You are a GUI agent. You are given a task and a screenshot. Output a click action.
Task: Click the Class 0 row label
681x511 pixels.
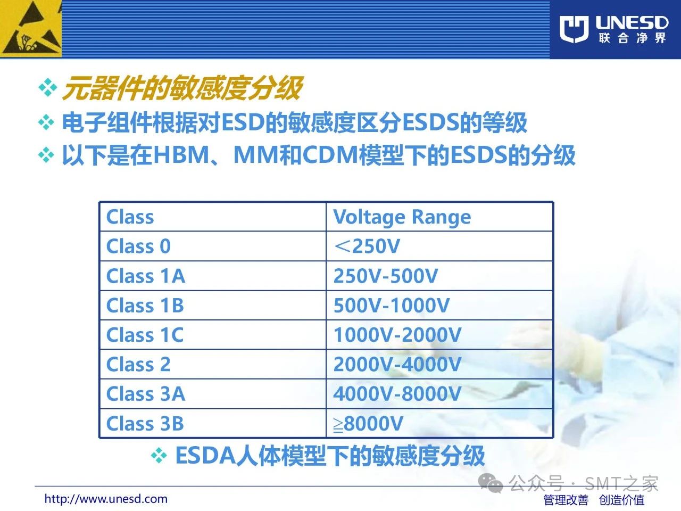[138, 246]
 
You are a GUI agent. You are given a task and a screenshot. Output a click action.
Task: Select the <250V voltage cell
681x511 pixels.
[367, 246]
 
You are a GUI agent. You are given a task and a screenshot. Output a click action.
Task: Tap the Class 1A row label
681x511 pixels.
[145, 276]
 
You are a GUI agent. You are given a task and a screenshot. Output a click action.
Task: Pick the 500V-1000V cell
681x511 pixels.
[391, 306]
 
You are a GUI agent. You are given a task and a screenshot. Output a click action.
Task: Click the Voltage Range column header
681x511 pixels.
[402, 217]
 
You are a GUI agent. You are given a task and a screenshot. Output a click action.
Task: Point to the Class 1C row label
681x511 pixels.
[145, 335]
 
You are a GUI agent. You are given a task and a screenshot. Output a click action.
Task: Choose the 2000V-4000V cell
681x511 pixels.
[397, 364]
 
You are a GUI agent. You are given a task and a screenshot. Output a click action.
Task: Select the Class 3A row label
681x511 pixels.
[145, 394]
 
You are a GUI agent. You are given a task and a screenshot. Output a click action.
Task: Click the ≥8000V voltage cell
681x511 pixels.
[368, 423]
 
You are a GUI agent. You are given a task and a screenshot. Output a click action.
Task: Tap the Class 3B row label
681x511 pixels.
[145, 423]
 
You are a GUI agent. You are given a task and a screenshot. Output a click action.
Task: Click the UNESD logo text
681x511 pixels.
[632, 23]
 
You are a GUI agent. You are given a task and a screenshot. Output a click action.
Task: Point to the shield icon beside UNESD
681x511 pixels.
[574, 29]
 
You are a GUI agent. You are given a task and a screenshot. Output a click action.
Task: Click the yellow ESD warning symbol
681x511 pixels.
[31, 29]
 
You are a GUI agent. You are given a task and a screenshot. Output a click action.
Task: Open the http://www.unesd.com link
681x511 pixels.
[106, 499]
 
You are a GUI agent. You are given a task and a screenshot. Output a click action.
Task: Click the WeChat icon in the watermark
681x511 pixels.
[491, 483]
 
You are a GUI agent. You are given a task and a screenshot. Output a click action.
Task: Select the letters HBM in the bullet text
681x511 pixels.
[181, 155]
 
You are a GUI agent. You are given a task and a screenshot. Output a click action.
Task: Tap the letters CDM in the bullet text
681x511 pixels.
[330, 155]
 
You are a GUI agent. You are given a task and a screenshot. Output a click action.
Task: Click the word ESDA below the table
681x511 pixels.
[206, 456]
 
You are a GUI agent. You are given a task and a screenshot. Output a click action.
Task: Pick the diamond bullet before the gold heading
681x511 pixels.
[48, 87]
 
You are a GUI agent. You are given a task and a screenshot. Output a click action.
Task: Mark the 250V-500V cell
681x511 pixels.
[385, 276]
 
